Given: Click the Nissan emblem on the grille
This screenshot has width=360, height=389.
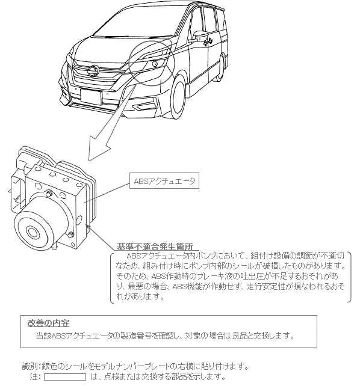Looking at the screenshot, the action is pyautogui.click(x=93, y=71).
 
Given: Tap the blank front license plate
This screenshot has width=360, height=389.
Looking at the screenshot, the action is pyautogui.click(x=91, y=97).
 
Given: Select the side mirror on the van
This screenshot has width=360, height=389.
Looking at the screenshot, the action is pyautogui.click(x=200, y=35).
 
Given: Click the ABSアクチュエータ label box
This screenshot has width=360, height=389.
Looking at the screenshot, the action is pyautogui.click(x=164, y=180).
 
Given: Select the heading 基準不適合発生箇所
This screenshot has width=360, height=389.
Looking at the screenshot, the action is pyautogui.click(x=155, y=247).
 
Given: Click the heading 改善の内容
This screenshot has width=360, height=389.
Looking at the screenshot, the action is pyautogui.click(x=48, y=323).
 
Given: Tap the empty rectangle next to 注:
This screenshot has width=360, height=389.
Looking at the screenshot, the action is pyautogui.click(x=65, y=377).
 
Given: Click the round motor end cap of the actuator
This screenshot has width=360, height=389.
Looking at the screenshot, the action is pyautogui.click(x=32, y=231).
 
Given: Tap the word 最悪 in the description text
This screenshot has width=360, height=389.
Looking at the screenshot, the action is pyautogui.click(x=135, y=286).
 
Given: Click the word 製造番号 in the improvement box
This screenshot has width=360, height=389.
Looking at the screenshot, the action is pyautogui.click(x=136, y=335).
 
